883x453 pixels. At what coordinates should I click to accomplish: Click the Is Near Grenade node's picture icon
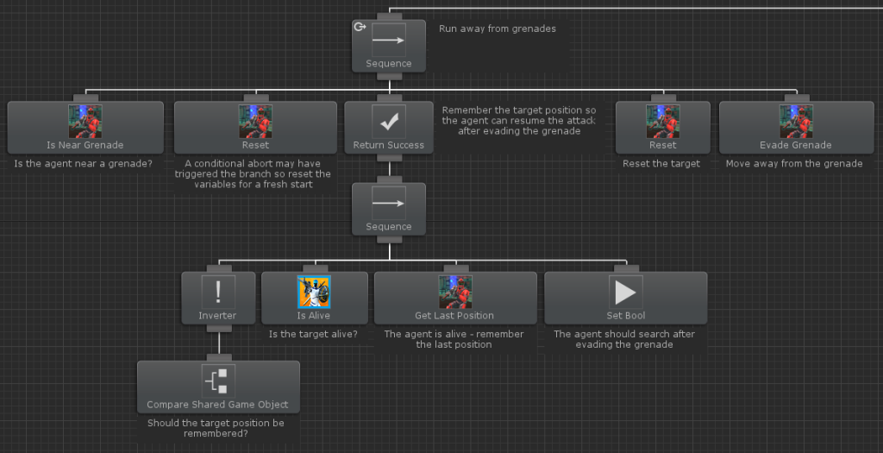(x=85, y=121)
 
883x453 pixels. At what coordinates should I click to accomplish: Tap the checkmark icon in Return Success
(x=389, y=121)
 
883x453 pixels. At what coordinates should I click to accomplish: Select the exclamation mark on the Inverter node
(x=218, y=292)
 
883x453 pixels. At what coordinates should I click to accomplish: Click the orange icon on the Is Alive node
(x=314, y=292)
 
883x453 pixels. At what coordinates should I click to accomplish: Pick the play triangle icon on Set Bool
(x=626, y=292)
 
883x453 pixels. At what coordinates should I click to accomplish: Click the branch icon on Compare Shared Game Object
(x=218, y=381)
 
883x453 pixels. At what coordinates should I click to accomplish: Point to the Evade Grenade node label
(x=795, y=145)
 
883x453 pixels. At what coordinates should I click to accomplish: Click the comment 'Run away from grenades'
(x=498, y=28)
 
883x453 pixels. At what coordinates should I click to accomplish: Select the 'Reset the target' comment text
(x=661, y=164)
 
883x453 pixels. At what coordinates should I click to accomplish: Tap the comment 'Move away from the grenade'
(x=794, y=164)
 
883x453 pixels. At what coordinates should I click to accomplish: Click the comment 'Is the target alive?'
(x=313, y=334)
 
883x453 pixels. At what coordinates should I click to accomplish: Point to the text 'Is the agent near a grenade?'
(x=84, y=164)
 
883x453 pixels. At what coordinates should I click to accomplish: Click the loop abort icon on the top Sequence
(x=360, y=27)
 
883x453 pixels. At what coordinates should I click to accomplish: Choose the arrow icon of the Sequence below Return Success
(x=389, y=204)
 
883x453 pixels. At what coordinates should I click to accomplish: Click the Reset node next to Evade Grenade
(x=663, y=128)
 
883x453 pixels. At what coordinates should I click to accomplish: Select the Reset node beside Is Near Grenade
(x=255, y=128)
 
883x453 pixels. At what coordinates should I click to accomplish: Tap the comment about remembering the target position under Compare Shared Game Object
(x=216, y=428)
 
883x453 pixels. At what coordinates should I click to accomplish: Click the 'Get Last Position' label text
(x=454, y=316)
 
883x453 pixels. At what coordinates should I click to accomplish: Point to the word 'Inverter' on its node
(x=217, y=316)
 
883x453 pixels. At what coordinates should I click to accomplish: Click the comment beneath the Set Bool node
(x=624, y=339)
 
